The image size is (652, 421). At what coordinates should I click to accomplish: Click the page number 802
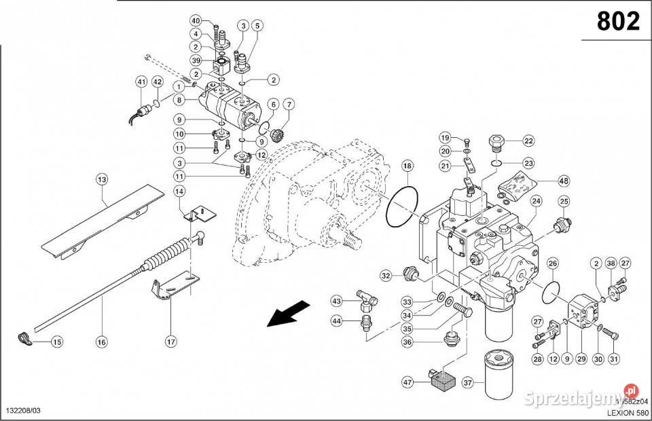(618, 22)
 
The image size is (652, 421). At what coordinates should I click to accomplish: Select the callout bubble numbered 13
(102, 180)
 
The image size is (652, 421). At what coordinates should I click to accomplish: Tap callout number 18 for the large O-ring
(406, 166)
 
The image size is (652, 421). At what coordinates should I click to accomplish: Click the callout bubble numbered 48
(563, 181)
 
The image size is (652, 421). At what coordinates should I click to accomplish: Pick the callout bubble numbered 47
(409, 383)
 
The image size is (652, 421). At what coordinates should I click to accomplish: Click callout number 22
(528, 141)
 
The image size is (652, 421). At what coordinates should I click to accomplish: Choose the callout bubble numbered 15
(56, 342)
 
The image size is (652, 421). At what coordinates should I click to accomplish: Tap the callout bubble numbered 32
(386, 276)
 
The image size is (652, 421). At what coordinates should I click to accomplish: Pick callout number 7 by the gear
(289, 105)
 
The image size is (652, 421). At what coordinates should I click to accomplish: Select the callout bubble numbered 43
(336, 301)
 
